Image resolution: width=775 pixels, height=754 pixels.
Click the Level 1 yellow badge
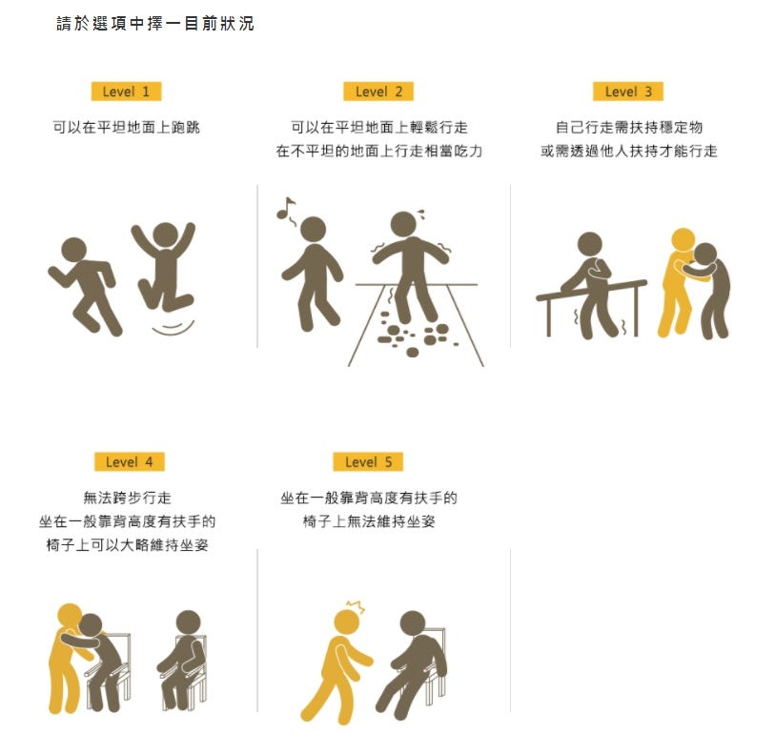(126, 92)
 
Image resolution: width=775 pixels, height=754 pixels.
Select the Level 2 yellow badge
(378, 92)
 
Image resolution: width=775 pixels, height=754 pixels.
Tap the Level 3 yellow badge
(628, 92)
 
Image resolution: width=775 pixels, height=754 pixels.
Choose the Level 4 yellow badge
(130, 462)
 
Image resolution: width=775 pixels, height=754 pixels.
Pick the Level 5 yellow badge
(368, 462)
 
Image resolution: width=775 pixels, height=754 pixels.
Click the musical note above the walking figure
(285, 208)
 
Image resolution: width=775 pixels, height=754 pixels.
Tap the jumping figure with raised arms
(164, 266)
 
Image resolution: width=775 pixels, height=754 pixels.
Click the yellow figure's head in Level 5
(347, 622)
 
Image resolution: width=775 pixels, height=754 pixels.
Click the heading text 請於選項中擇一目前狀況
(155, 23)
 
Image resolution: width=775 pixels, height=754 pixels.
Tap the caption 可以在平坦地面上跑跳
(127, 128)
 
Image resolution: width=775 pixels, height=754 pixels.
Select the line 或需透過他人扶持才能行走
(628, 152)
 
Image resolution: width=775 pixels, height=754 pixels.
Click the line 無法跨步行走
(128, 498)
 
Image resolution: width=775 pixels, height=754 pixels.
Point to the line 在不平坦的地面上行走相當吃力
(379, 152)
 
